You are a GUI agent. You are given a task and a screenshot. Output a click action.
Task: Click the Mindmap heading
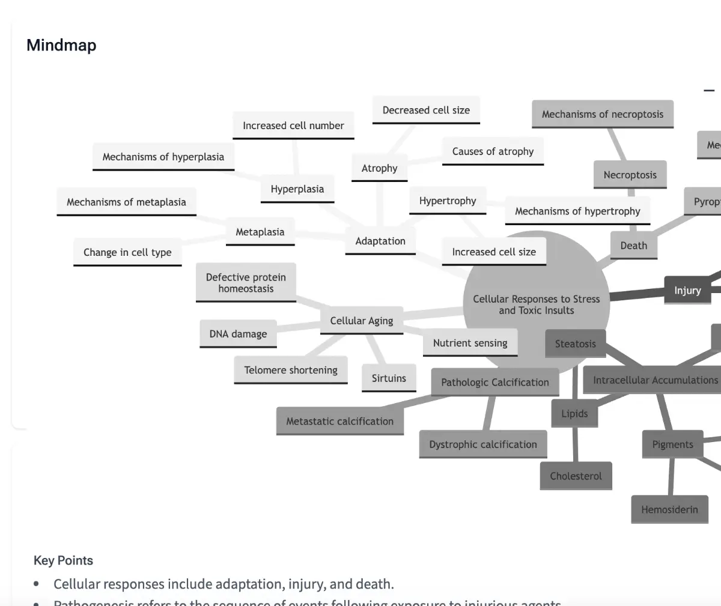click(61, 45)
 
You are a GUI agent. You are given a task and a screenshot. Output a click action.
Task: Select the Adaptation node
click(380, 241)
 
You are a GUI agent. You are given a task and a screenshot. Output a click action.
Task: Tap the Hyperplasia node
click(297, 189)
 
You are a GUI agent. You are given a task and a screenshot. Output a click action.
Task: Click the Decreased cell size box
click(426, 110)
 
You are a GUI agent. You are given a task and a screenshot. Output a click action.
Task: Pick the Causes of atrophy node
click(493, 151)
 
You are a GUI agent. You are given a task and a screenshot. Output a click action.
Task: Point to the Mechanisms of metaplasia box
click(126, 202)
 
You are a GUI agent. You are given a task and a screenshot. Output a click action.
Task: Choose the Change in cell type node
click(127, 252)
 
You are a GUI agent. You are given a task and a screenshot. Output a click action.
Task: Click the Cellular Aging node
click(361, 321)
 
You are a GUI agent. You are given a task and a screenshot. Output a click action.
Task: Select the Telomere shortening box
click(291, 370)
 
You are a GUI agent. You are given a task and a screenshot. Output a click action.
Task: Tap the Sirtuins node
click(389, 378)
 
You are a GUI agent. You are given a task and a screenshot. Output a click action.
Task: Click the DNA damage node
click(238, 334)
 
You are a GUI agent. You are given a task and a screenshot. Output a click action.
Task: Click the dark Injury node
click(687, 291)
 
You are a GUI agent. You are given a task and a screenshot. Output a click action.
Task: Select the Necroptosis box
click(630, 175)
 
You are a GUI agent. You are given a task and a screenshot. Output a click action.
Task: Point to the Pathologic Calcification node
click(494, 382)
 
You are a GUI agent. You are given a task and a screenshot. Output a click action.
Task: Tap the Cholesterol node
click(576, 476)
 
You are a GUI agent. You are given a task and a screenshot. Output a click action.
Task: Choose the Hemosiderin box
click(669, 509)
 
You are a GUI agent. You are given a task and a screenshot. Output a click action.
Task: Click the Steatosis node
click(575, 344)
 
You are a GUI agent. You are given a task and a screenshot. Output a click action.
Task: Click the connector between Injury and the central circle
click(637, 294)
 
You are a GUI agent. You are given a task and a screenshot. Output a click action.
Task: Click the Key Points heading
click(63, 560)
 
